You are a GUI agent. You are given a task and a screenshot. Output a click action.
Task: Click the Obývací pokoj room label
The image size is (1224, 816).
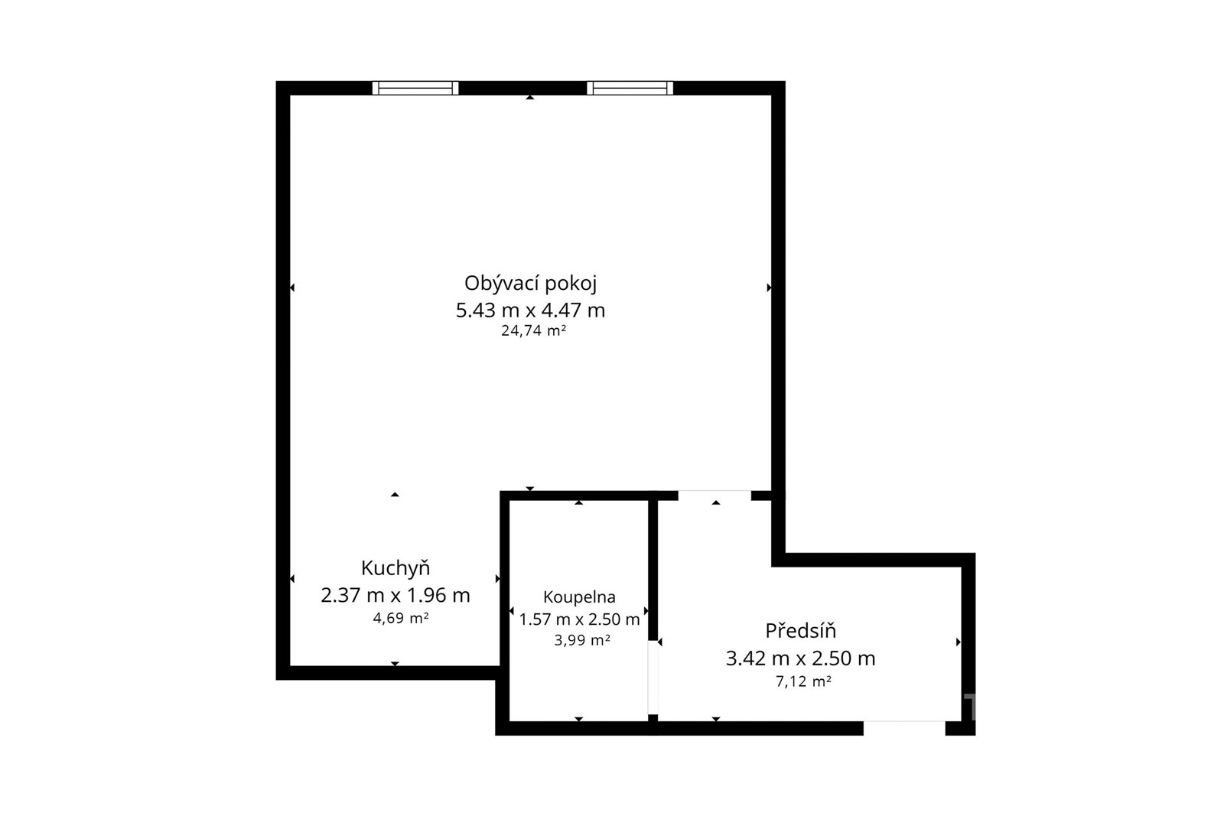point(530,284)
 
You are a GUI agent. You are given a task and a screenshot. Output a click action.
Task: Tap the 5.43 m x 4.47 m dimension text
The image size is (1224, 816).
point(531,310)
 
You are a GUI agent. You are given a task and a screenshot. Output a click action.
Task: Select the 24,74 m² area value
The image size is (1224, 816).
point(533,330)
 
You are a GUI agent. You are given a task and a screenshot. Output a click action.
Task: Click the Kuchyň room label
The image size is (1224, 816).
point(395,568)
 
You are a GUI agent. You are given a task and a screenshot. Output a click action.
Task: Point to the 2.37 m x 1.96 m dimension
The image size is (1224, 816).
point(395,595)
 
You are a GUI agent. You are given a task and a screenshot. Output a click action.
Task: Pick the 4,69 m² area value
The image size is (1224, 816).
point(401,618)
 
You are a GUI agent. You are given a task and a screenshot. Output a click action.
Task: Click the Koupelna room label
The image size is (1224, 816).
point(579,597)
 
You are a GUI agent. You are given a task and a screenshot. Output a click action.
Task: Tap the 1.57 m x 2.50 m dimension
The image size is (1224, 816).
point(579,619)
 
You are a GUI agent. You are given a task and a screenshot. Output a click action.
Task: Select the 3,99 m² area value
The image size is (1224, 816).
point(582,640)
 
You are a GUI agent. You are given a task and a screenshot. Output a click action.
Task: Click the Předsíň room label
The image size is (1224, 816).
point(800,631)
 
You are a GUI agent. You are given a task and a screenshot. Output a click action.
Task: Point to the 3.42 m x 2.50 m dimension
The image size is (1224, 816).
point(800,658)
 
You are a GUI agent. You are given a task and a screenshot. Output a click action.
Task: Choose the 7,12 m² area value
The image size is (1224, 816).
point(804,681)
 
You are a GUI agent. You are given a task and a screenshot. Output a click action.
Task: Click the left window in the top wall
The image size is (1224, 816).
point(415,88)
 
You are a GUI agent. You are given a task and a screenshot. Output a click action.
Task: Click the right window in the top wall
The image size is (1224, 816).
point(630,88)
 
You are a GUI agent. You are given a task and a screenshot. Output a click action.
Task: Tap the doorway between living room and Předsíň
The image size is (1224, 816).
point(715,496)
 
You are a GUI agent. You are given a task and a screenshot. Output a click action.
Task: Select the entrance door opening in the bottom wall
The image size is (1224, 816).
point(904,728)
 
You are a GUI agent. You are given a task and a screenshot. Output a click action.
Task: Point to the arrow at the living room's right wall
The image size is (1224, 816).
point(770,288)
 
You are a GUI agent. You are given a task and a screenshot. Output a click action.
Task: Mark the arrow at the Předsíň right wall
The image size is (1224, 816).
point(959,642)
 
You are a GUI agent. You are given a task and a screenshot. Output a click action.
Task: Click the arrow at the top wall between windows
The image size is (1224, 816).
point(529,97)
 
